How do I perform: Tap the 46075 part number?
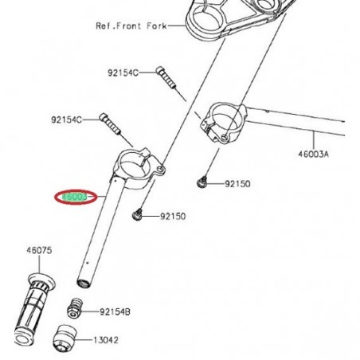[x=39, y=250]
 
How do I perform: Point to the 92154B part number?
[x=116, y=311]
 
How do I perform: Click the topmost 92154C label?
[x=123, y=72]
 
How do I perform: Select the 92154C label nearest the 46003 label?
[x=66, y=119]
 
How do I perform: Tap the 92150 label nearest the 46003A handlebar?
[x=237, y=183]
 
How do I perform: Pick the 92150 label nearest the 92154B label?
[x=172, y=216]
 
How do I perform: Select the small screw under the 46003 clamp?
[x=140, y=214]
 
